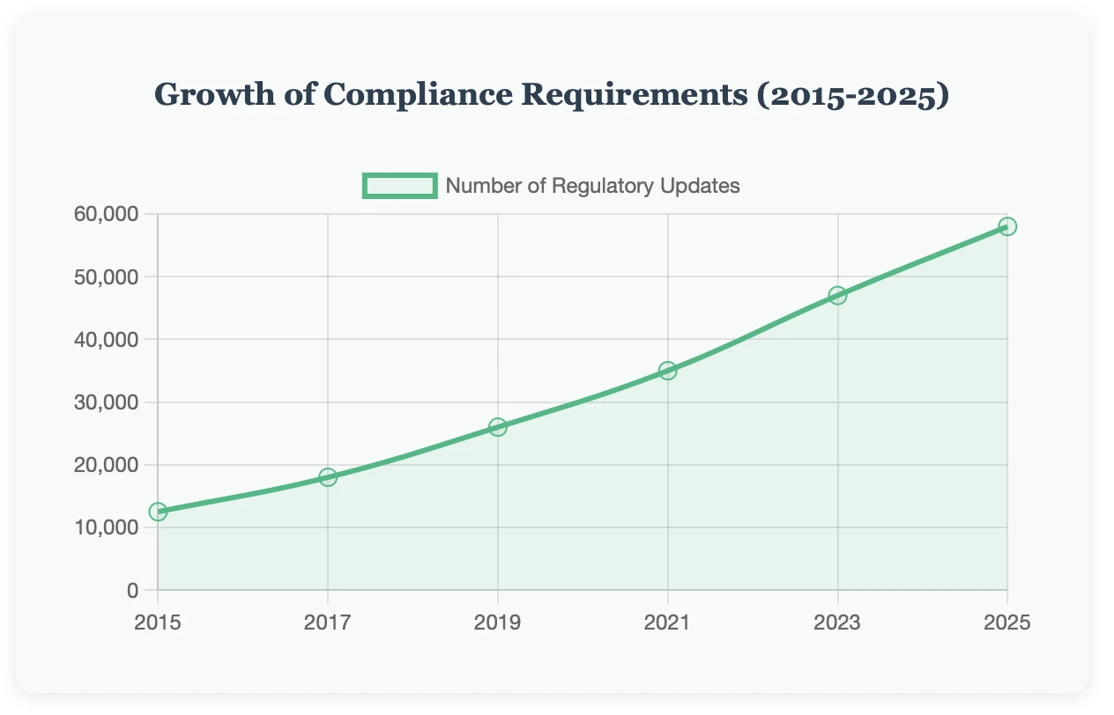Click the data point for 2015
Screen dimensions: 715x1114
(x=158, y=512)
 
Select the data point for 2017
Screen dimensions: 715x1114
(x=328, y=477)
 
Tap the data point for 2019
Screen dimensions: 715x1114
(x=498, y=427)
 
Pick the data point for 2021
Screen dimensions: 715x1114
(x=668, y=371)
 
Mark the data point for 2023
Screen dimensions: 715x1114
(x=837, y=295)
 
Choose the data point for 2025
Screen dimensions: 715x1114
(x=1007, y=226)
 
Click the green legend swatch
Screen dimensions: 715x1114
(x=399, y=186)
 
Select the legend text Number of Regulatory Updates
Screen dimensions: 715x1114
(x=592, y=186)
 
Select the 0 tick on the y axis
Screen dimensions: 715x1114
(x=132, y=590)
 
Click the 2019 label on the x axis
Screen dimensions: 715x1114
(x=498, y=623)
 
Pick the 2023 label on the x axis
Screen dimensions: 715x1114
(x=837, y=623)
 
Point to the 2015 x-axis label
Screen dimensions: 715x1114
(x=158, y=623)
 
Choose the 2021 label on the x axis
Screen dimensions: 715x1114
(x=668, y=623)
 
